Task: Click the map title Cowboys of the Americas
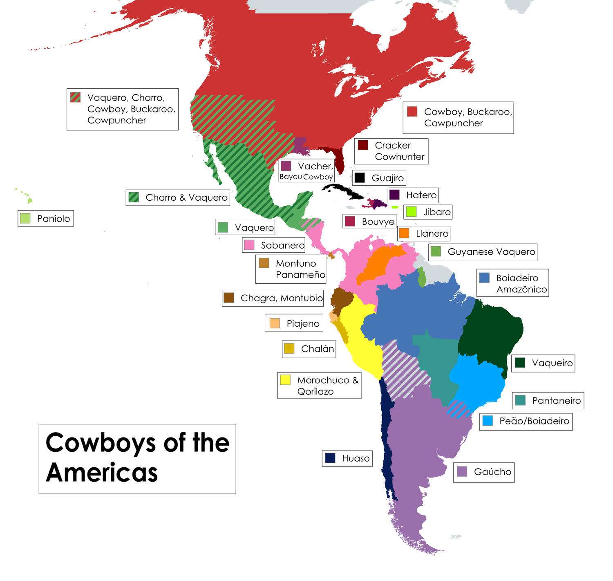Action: [137, 458]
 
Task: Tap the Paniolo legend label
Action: [53, 218]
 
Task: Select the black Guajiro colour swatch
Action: [360, 178]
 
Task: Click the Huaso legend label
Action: [356, 458]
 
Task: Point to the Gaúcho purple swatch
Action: [462, 471]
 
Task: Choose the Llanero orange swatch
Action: [404, 233]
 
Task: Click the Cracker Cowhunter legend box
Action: [391, 151]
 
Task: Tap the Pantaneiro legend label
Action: [556, 401]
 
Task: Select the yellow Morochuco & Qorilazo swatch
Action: [285, 380]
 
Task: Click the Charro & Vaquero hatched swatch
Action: [134, 197]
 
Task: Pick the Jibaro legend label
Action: [437, 212]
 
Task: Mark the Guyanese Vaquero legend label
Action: [491, 251]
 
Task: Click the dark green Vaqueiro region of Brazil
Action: [490, 331]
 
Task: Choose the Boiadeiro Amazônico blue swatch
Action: [484, 278]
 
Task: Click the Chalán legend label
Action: [317, 349]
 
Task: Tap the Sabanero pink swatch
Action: [249, 245]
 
